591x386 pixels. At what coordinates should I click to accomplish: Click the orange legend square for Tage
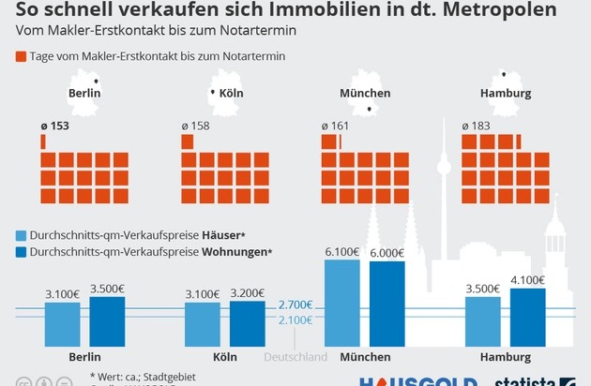pos(23,56)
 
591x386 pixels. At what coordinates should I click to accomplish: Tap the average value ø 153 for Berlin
pos(57,126)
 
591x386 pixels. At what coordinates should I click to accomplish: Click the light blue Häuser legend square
pos(23,234)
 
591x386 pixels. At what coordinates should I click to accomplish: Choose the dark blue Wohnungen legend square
pos(23,252)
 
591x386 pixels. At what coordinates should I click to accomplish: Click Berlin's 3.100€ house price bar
pos(62,323)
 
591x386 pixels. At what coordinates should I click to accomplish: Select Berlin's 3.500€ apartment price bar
pos(107,320)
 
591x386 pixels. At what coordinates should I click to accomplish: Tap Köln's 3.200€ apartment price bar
pos(248,323)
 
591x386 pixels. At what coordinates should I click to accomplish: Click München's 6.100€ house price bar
pos(341,303)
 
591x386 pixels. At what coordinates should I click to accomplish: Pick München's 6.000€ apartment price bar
pos(387,304)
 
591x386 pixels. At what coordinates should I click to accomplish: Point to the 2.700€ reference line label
pos(295,305)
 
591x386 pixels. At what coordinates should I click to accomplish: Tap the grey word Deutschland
pos(295,357)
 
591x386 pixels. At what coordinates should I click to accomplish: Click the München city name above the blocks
pos(365,94)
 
